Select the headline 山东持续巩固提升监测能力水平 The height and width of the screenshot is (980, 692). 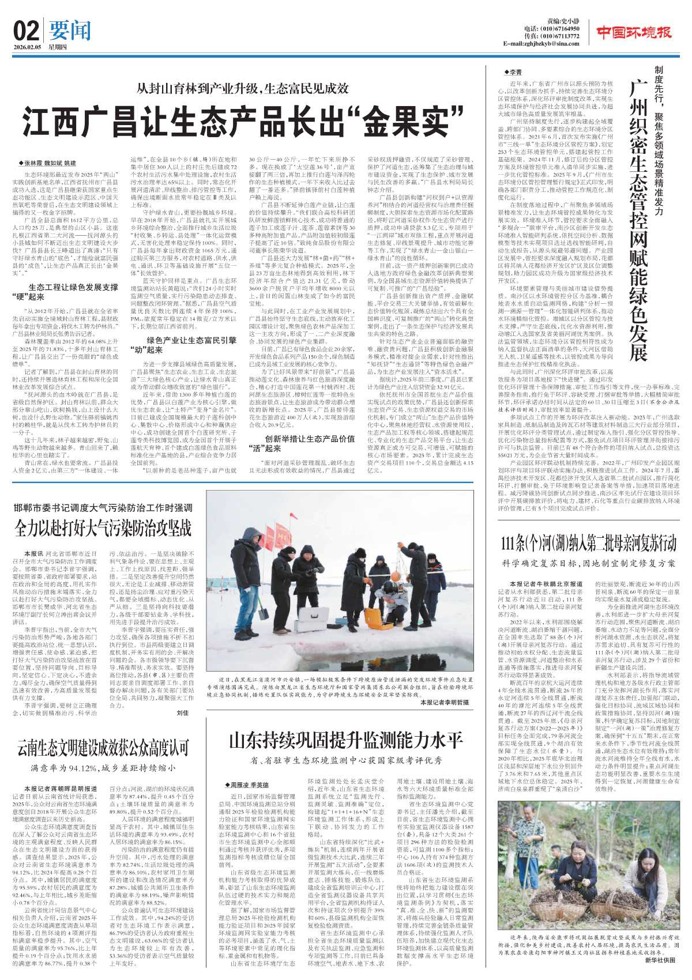(x=346, y=740)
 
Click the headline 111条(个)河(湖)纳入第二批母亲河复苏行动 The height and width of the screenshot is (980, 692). (x=588, y=544)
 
